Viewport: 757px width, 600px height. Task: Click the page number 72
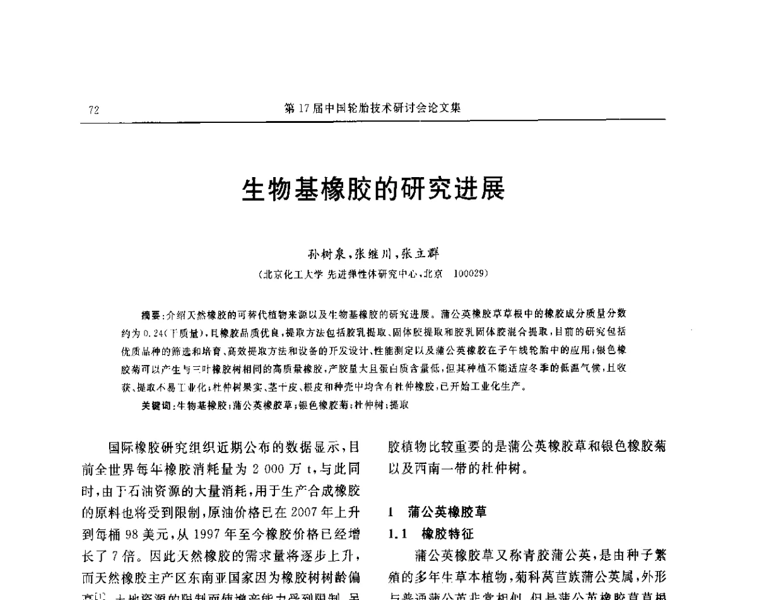94,110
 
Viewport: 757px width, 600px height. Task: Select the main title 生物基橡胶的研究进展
373,188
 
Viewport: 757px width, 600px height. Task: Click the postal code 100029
469,274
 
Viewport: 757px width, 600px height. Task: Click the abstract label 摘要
152,313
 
